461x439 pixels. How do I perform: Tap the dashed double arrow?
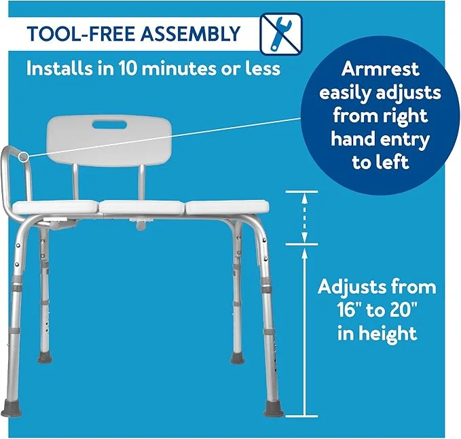304,217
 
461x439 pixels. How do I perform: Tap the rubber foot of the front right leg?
274,408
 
